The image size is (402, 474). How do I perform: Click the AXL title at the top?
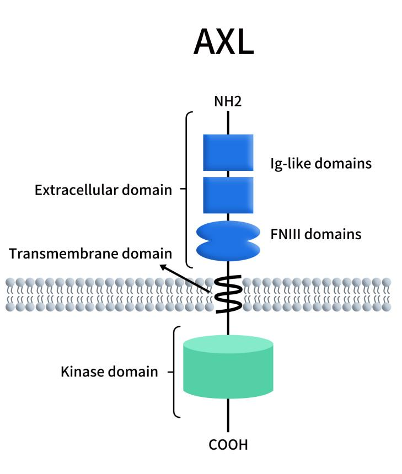pos(223,42)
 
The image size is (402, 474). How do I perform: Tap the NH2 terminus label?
pos(228,101)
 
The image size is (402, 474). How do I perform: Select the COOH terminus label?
pos(228,445)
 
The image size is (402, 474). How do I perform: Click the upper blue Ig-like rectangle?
pos(228,153)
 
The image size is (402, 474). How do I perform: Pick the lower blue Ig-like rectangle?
pos(228,195)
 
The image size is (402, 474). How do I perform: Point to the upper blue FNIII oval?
pos(228,232)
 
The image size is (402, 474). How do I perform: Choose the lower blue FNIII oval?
pos(228,250)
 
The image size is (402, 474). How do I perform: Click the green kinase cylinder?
pos(228,367)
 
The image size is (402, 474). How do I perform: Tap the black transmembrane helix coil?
pos(228,294)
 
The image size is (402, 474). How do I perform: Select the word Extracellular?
pos(77,190)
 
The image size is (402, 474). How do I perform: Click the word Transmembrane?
pos(64,254)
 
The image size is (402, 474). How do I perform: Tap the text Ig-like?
pos(290,164)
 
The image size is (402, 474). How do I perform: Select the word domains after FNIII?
pos(333,234)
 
